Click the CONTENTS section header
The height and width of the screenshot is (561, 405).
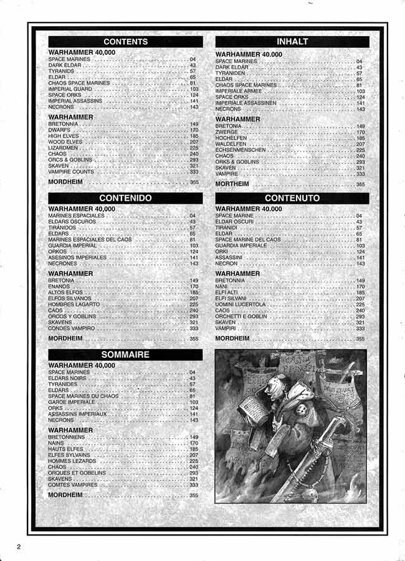125,42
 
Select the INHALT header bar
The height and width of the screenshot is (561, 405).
292,42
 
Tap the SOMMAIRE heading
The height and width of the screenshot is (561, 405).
125,354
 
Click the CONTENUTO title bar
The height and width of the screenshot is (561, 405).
292,198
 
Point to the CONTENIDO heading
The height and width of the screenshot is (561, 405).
125,198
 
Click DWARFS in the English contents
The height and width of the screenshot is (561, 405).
59,130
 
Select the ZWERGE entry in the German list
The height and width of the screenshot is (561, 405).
226,132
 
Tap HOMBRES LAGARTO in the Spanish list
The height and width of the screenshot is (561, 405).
73,304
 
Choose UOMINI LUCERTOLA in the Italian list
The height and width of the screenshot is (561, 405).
241,304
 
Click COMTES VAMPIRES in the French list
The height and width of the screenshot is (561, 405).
73,484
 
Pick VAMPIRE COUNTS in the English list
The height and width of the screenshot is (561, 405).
71,171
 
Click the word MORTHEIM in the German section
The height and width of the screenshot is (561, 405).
232,185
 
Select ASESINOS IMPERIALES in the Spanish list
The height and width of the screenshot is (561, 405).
77,257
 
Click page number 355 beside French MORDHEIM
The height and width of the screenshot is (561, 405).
193,496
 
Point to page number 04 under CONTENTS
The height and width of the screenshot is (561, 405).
193,59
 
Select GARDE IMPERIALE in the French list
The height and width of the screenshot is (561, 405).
72,402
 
